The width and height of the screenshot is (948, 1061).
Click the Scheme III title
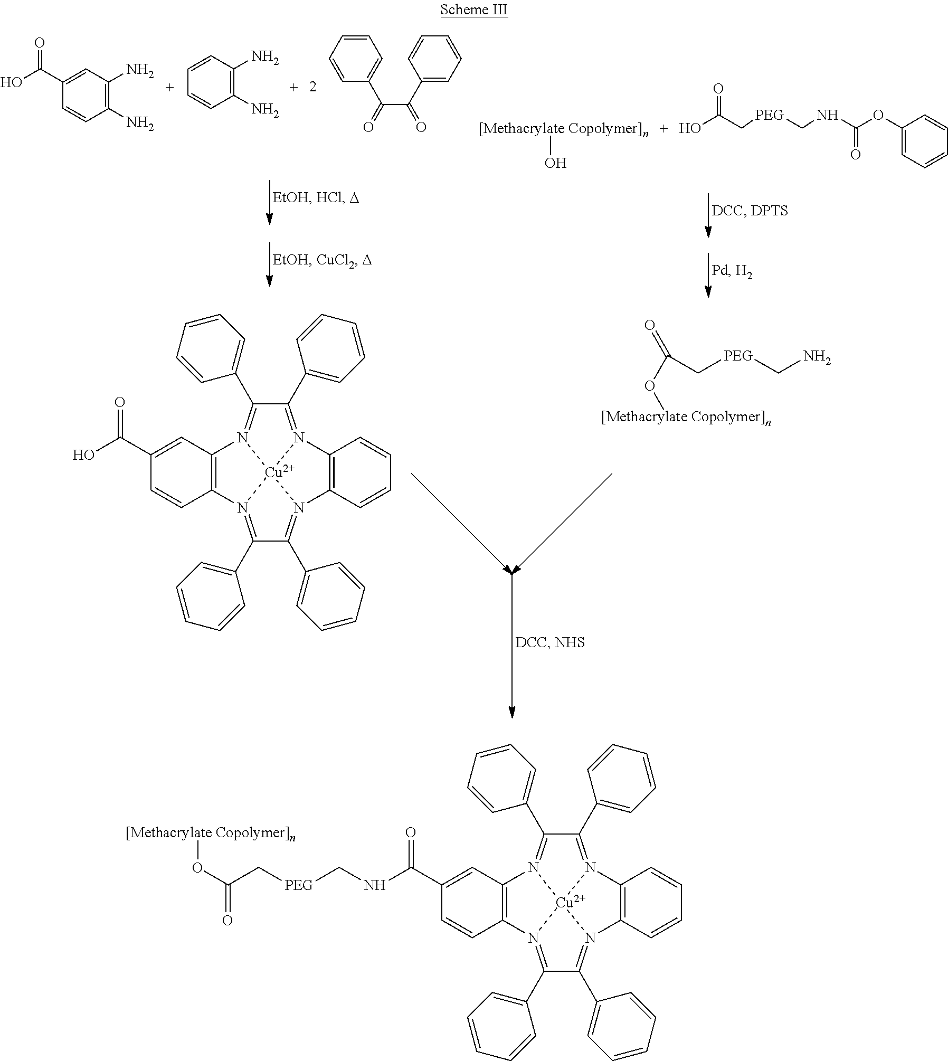[474, 10]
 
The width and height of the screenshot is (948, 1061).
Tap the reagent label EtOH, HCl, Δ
[315, 198]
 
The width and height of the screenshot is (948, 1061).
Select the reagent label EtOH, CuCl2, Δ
[321, 260]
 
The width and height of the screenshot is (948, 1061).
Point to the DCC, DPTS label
[750, 211]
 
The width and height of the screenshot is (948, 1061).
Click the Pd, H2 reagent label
[732, 272]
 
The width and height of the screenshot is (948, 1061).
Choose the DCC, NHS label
[550, 643]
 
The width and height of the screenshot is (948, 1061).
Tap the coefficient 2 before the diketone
[313, 87]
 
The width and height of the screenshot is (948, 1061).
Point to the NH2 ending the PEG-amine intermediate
[817, 357]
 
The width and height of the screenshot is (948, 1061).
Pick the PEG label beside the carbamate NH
[770, 115]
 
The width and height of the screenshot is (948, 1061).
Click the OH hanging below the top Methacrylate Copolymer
[555, 163]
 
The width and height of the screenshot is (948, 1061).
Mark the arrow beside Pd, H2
[708, 275]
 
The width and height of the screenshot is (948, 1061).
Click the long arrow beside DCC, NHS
[512, 645]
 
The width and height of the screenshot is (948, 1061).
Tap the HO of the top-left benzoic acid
[11, 82]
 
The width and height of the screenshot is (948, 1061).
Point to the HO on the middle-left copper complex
[83, 455]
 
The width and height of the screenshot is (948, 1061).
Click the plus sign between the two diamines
[170, 87]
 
